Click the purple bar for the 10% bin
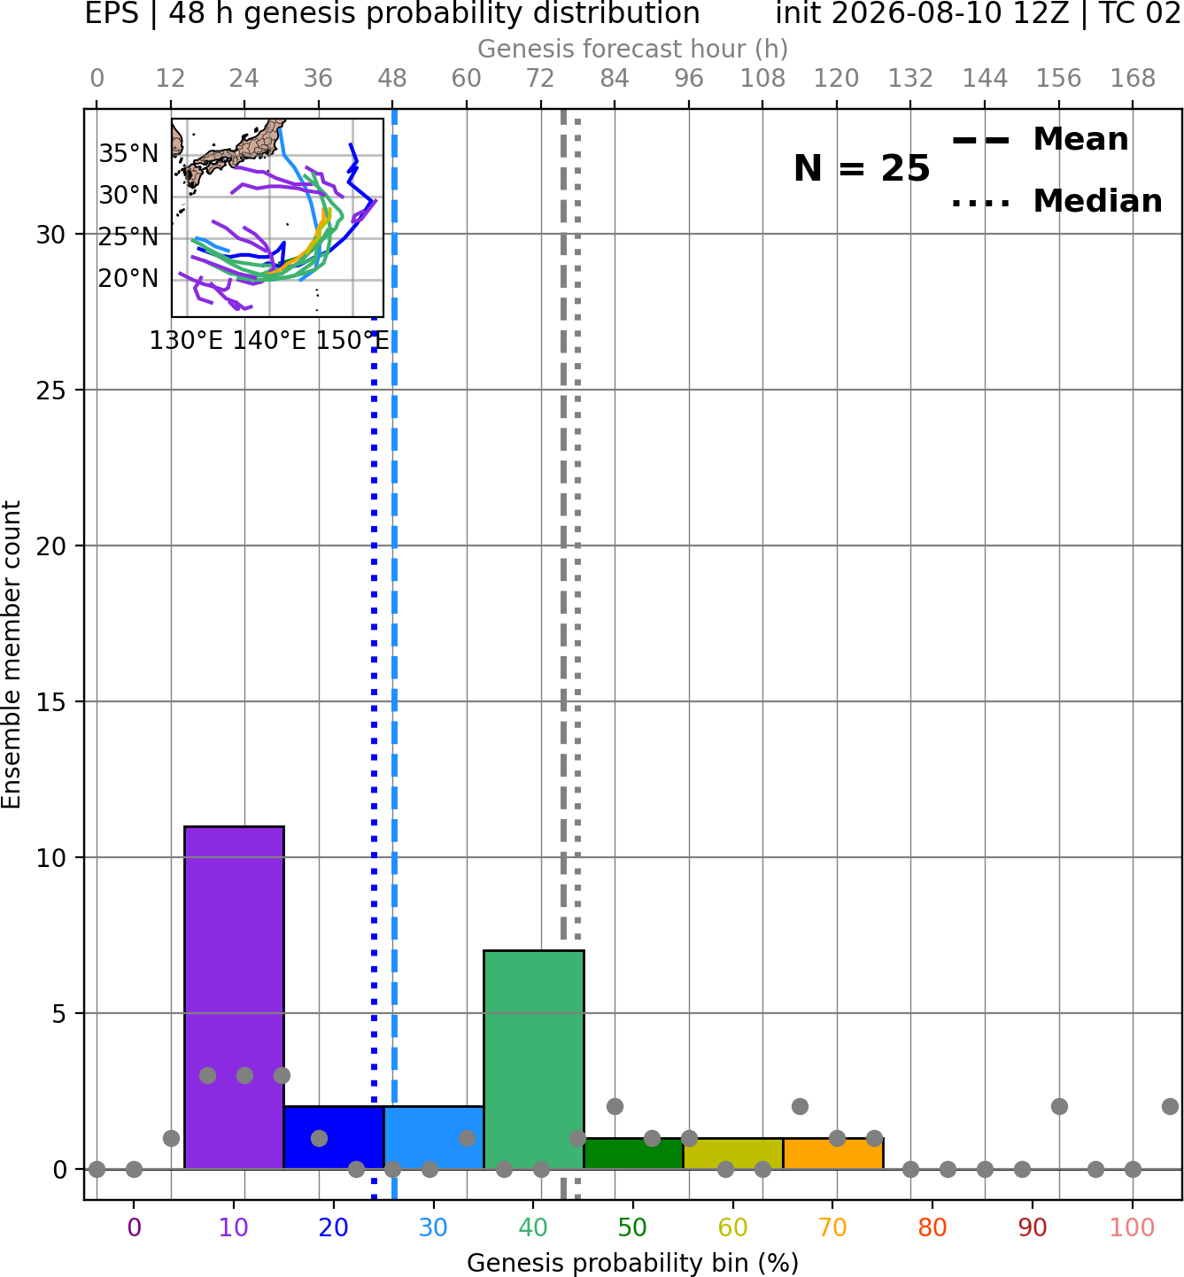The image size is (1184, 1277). [234, 997]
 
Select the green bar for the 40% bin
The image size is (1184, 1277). [534, 1060]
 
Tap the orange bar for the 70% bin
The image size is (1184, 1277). [833, 1154]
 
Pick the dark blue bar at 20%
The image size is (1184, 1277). [334, 1137]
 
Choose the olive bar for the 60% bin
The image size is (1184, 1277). [733, 1154]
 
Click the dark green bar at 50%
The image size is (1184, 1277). [633, 1154]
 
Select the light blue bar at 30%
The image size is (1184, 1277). [434, 1137]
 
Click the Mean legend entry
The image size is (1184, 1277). [1040, 140]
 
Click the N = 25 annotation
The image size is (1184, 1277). [862, 168]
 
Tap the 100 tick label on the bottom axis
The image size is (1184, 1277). [1133, 1227]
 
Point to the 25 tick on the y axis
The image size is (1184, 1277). [51, 391]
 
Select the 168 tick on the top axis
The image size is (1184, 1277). [1133, 79]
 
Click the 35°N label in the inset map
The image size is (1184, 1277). [128, 154]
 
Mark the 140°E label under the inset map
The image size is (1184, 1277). [269, 340]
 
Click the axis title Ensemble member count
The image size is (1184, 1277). [11, 654]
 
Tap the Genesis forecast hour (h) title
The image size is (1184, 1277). [633, 49]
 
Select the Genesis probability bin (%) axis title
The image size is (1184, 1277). [633, 1263]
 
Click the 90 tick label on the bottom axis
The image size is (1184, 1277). [1033, 1227]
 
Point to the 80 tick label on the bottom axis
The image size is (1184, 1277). [932, 1227]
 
